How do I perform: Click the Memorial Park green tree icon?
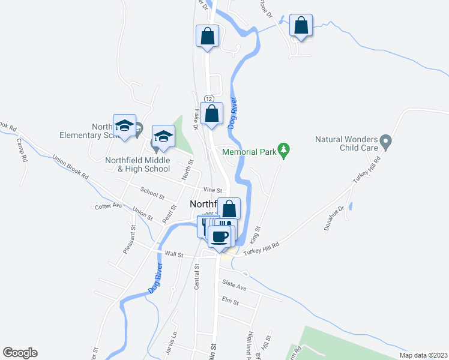pyautogui.click(x=285, y=151)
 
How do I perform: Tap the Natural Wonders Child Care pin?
pyautogui.click(x=387, y=142)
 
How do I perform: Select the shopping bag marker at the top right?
pyautogui.click(x=301, y=26)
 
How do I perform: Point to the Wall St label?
pyautogui.click(x=173, y=254)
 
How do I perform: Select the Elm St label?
pyautogui.click(x=230, y=301)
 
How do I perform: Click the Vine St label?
pyautogui.click(x=209, y=189)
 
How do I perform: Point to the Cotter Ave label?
pyautogui.click(x=108, y=206)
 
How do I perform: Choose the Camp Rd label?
pyautogui.click(x=22, y=151)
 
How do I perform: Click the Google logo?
pyautogui.click(x=20, y=353)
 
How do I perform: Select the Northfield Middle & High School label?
pyautogui.click(x=137, y=164)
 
